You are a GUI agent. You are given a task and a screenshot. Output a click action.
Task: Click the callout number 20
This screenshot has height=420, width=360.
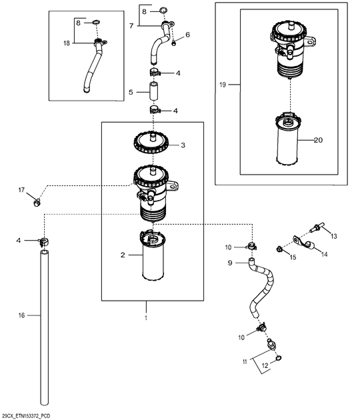click(318, 140)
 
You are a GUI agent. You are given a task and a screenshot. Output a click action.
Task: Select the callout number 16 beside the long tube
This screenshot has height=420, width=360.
click(21, 315)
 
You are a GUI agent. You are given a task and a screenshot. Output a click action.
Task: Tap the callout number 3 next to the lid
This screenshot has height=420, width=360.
click(183, 145)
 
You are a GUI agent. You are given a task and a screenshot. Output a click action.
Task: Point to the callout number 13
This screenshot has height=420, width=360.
click(334, 236)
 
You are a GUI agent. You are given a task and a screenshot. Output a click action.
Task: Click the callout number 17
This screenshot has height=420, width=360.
click(21, 190)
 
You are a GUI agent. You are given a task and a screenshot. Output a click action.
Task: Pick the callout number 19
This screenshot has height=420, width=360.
click(223, 85)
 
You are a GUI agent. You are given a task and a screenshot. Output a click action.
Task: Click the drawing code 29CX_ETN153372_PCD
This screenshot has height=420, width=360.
click(25, 416)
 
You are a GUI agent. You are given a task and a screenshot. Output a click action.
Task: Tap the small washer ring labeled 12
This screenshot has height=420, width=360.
click(279, 358)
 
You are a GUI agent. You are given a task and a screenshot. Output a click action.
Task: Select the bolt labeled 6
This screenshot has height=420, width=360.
click(174, 42)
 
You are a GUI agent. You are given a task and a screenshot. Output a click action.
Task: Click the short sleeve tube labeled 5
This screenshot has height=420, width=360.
click(153, 91)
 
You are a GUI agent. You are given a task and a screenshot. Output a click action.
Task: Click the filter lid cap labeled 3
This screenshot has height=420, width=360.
click(153, 144)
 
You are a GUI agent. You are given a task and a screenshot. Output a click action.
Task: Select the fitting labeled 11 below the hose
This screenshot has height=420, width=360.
click(271, 344)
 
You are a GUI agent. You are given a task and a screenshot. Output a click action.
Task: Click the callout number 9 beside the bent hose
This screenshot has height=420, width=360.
click(230, 263)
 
